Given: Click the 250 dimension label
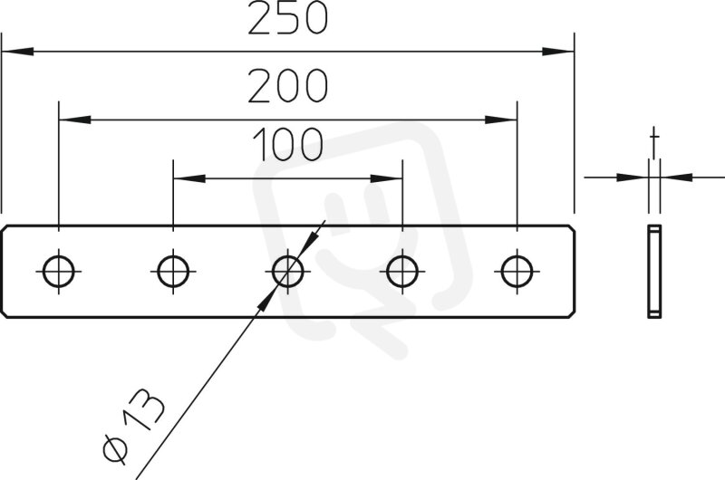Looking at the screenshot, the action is click(287, 18).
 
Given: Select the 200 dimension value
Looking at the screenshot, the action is click(287, 85).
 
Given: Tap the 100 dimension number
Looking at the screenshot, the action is click(287, 144).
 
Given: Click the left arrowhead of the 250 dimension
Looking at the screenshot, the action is click(17, 52).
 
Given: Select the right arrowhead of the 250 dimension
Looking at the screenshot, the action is click(558, 52).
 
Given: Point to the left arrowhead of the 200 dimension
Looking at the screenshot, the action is click(75, 120).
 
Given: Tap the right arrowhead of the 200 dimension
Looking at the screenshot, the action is click(501, 120).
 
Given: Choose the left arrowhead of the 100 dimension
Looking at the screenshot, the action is click(189, 178).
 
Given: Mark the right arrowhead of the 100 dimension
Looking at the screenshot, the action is click(386, 178).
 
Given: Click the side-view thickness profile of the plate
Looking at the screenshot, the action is click(654, 272).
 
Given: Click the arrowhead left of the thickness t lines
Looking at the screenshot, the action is click(633, 177).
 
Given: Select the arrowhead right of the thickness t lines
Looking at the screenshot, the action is click(676, 177).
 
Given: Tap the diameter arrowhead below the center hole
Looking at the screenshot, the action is click(266, 301).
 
